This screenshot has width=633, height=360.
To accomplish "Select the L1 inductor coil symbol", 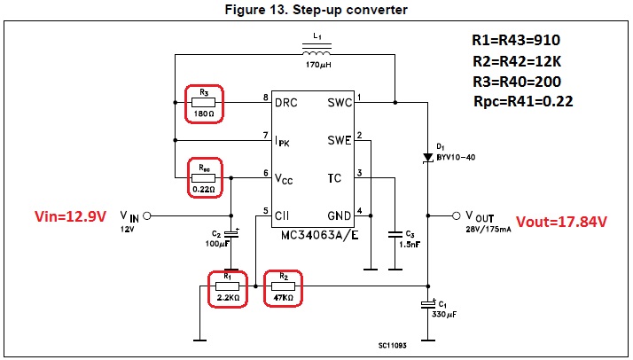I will [x=316, y=54].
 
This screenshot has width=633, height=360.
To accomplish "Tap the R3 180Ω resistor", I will [x=204, y=103].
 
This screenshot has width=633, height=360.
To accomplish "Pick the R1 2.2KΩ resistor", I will [x=228, y=286].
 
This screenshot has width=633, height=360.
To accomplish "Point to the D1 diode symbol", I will [x=427, y=150].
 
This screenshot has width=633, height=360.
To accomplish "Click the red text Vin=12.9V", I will [x=66, y=215].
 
